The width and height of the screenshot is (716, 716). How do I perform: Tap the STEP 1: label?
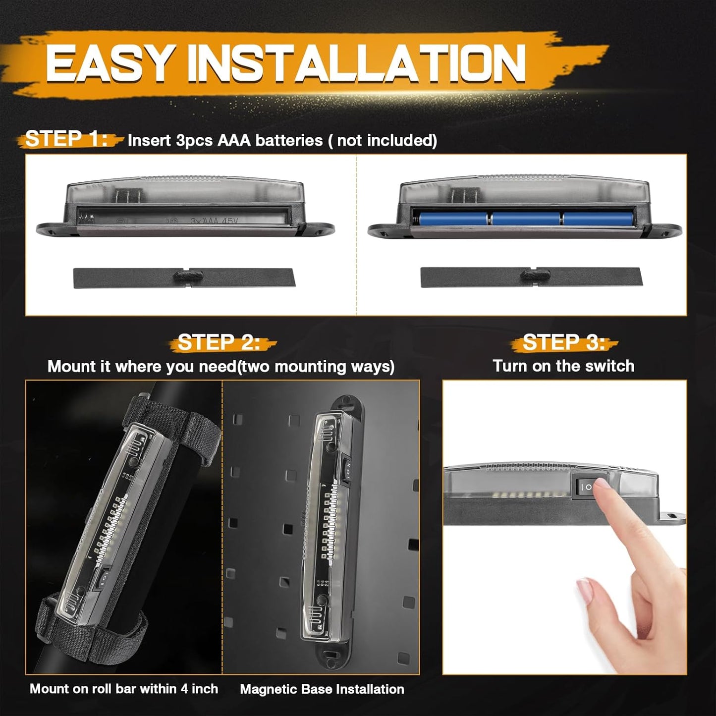[x=66, y=139]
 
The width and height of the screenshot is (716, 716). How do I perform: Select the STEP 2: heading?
[x=219, y=342]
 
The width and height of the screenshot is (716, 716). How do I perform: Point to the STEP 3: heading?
[x=564, y=342]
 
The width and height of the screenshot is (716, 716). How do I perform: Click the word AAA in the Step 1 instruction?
[x=234, y=140]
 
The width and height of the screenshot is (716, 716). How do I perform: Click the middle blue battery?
[x=526, y=219]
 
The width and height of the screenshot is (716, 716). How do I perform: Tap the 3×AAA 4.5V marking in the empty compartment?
[x=214, y=221]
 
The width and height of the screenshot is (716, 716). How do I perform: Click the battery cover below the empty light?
[x=184, y=277]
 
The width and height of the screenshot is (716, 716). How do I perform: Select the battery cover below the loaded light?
[x=531, y=277]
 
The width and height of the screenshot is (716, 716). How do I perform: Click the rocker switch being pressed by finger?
[x=589, y=487]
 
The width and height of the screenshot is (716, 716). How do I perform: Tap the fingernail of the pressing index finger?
[x=601, y=484]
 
